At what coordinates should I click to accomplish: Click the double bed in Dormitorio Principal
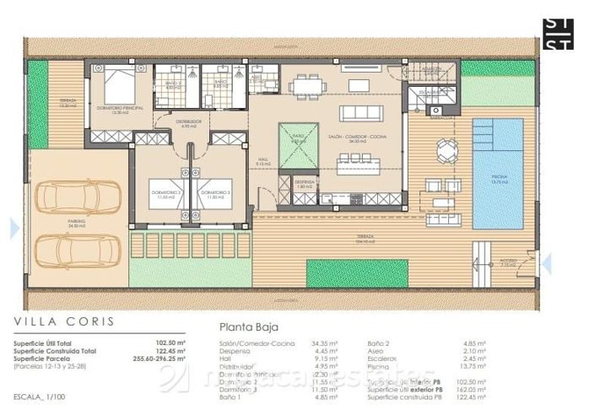[x=117, y=84]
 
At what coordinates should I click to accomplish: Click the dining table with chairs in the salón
[x=306, y=85]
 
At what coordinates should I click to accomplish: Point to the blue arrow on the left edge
[x=14, y=228]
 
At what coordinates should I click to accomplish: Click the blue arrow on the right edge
[x=546, y=263]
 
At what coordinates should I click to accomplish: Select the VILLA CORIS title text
[x=64, y=322]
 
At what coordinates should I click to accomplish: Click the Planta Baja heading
[x=249, y=327]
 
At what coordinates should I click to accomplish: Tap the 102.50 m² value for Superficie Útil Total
[x=176, y=343]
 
